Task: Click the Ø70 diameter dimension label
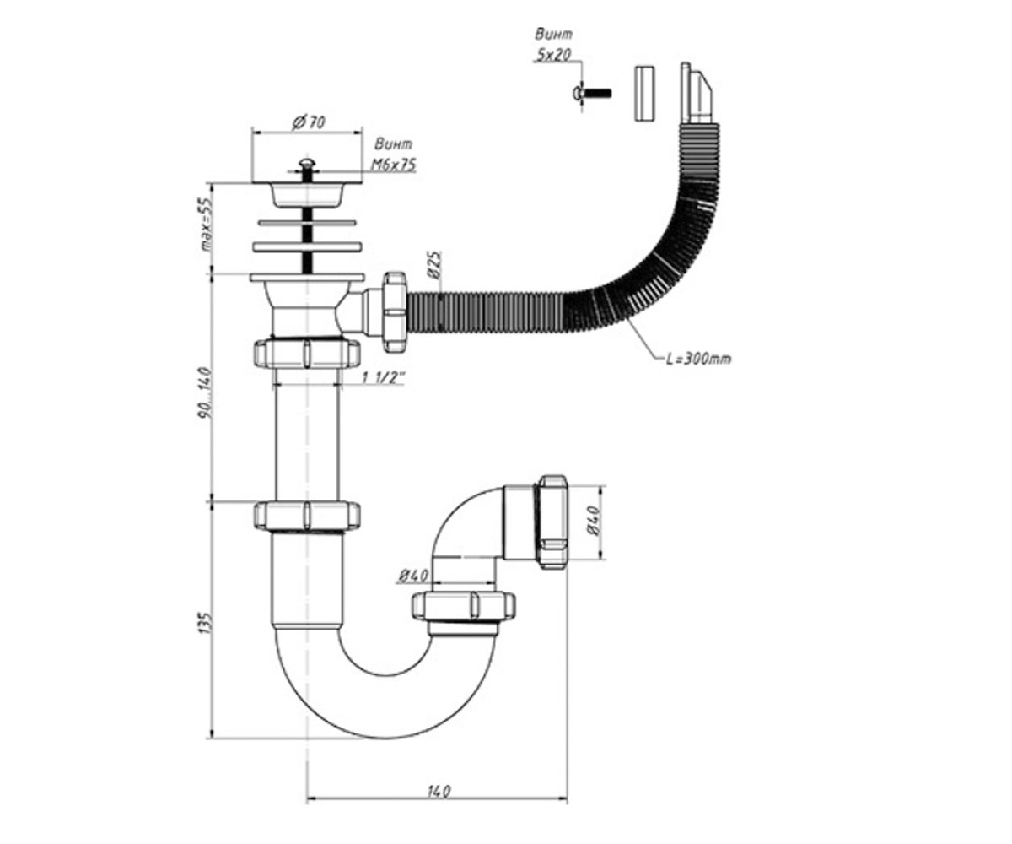pos(309,122)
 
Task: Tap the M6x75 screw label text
pos(393,165)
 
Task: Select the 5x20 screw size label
pos(552,56)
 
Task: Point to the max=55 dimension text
pos(207,224)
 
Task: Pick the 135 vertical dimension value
pos(206,623)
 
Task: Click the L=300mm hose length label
pos(698,359)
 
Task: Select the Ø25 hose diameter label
pos(433,265)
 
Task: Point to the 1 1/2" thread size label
pos(383,378)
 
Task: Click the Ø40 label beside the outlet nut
pos(595,520)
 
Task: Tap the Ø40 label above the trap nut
pos(413,576)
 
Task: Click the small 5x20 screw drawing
pos(591,93)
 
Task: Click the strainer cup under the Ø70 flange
pos(307,194)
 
